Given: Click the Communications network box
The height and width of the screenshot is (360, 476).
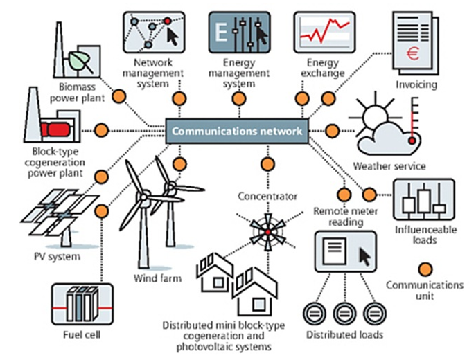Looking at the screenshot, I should coord(236,130).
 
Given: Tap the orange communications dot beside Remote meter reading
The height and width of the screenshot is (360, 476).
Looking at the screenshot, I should coord(343,193).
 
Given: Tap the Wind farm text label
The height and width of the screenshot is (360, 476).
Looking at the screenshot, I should coord(157,279).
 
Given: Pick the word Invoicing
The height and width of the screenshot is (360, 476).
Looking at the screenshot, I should coord(416,84).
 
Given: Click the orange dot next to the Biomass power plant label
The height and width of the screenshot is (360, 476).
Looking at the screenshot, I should coord(118,96).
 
